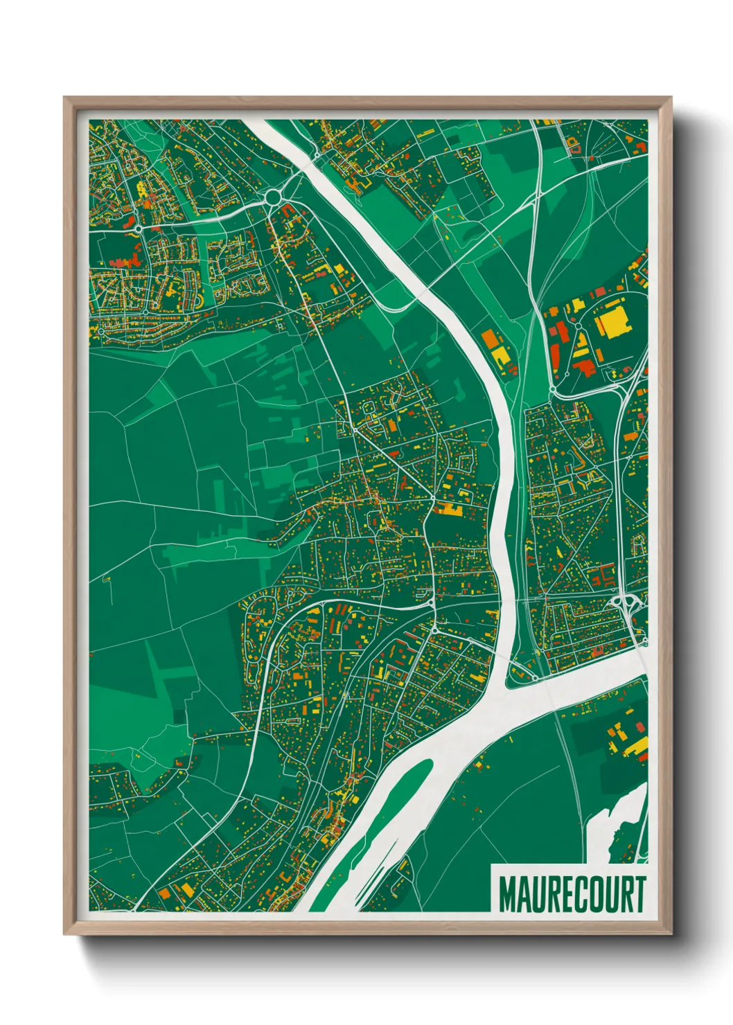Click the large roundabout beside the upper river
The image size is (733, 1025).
coord(273,197)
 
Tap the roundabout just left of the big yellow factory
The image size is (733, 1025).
coord(577,326)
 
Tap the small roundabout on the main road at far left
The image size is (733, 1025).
coord(139,228)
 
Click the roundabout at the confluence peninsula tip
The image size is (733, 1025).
coord(535,677)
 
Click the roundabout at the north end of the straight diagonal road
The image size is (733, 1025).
coord(355,429)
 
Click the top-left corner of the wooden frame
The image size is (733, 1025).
coord(64,98)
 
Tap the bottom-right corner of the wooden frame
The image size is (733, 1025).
coord(671,934)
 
